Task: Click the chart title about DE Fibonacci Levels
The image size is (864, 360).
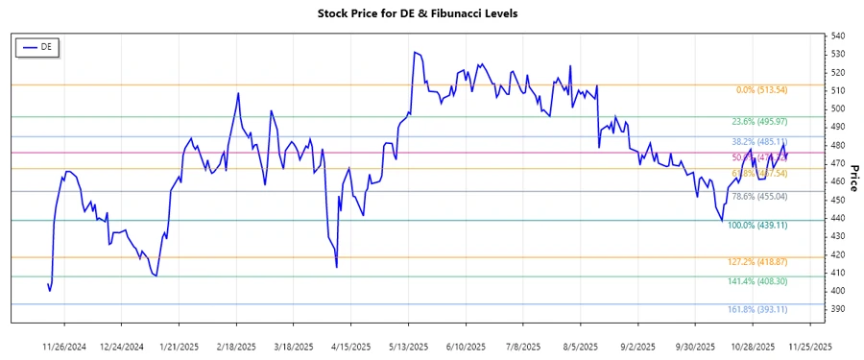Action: click(x=431, y=13)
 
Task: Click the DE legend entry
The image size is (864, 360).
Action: click(x=38, y=46)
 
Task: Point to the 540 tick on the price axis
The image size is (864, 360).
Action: click(x=838, y=36)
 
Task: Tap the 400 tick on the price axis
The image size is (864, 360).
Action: click(x=838, y=291)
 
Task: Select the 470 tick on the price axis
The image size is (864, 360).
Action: click(x=838, y=164)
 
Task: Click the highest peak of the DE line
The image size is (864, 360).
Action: click(x=414, y=52)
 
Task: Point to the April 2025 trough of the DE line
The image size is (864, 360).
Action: click(x=336, y=267)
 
